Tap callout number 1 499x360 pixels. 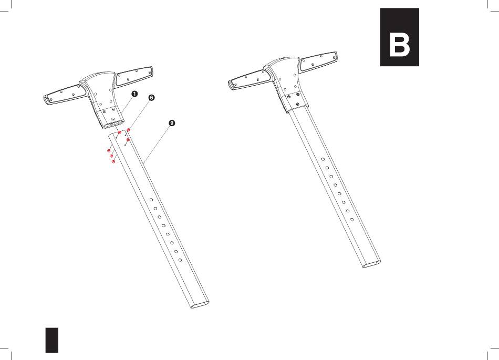134,94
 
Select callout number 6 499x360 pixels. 151,97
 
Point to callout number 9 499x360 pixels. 172,123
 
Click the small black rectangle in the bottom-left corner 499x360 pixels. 52,340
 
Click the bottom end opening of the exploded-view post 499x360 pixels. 200,304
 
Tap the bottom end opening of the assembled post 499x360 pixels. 371,264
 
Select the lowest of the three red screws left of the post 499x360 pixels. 113,162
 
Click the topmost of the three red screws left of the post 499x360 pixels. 109,150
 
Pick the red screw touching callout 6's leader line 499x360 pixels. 129,130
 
